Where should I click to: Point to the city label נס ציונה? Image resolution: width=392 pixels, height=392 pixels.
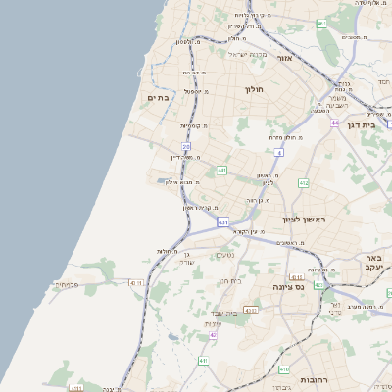click(x=291, y=288)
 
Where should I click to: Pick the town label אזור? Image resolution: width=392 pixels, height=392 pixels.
click(x=285, y=58)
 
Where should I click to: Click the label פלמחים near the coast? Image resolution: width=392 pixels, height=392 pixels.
click(x=66, y=284)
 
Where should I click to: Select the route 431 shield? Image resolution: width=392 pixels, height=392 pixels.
click(x=223, y=222)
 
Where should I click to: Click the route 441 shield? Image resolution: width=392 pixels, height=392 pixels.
click(x=223, y=171)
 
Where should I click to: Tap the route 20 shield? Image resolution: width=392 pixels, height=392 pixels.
click(x=185, y=147)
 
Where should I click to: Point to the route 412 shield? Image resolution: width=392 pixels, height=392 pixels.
click(x=304, y=183)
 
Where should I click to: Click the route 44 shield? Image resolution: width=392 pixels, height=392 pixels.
click(x=334, y=122)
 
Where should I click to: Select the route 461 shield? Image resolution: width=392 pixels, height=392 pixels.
click(x=321, y=23)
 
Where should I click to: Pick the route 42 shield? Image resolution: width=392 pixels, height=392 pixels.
click(x=212, y=334)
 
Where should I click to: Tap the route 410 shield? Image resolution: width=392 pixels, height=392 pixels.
click(x=284, y=370)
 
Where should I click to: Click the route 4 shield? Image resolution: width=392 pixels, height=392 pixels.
click(x=278, y=153)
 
